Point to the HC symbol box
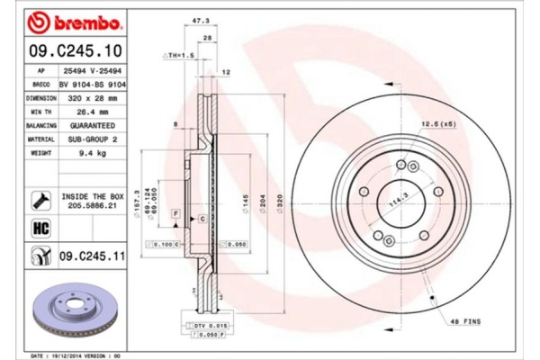(x=40, y=229)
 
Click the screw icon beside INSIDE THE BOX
(x=40, y=199)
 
